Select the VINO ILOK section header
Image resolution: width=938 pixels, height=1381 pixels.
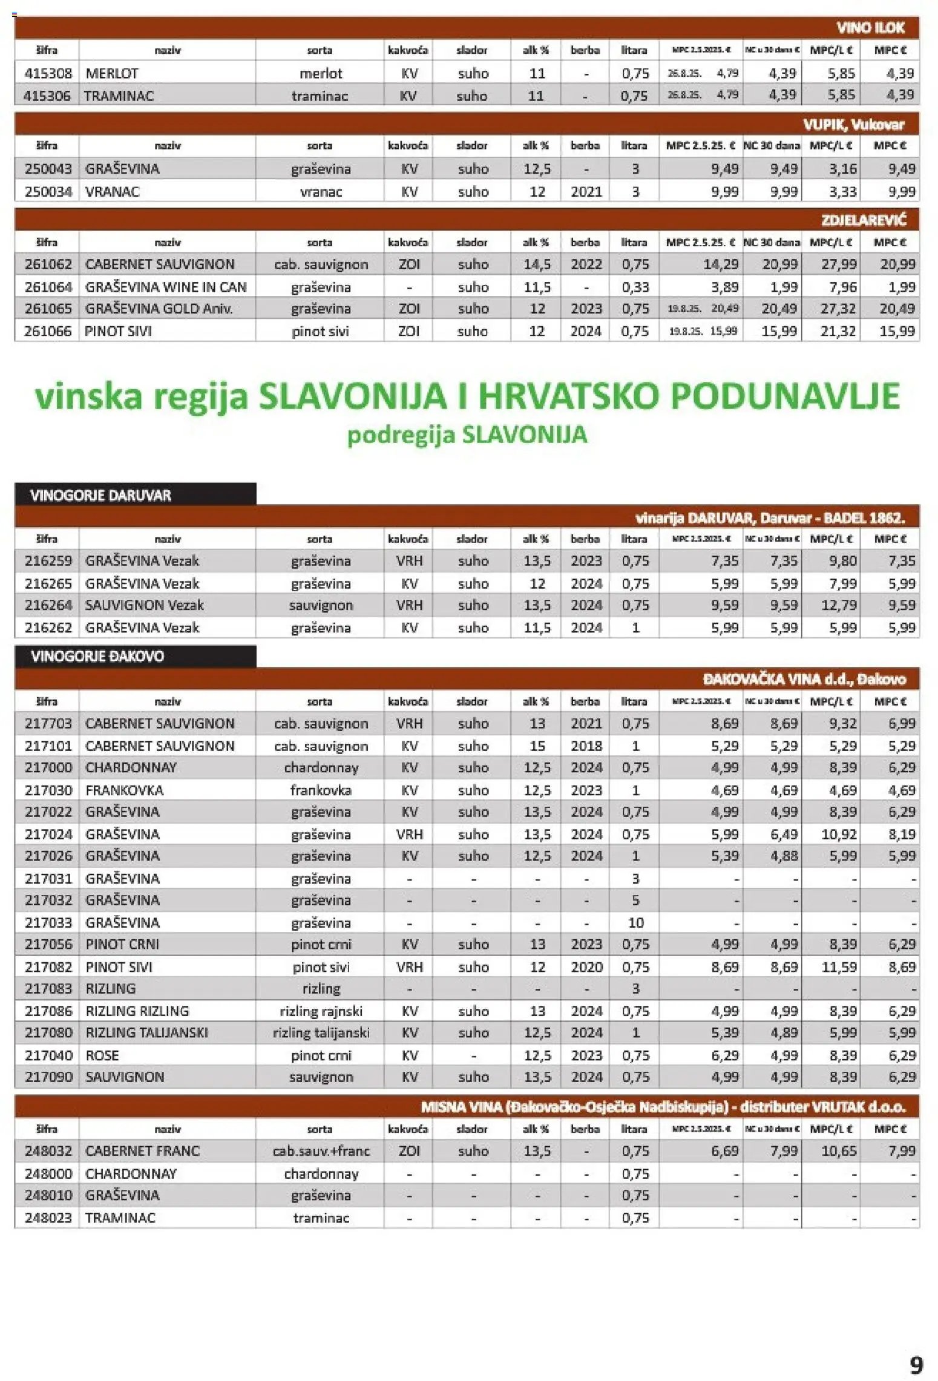(870, 28)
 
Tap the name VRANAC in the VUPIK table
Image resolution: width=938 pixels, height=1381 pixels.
(113, 191)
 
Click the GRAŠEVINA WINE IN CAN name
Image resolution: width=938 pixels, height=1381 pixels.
(166, 287)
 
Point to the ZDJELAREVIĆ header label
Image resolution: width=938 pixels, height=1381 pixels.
(863, 220)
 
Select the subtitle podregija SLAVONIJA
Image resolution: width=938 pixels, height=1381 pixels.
(467, 435)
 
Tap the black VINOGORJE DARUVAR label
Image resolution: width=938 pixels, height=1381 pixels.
(100, 495)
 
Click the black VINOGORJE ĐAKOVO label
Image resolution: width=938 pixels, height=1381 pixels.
(97, 657)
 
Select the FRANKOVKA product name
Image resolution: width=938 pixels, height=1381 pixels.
(125, 790)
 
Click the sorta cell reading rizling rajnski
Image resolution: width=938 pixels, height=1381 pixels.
(321, 1011)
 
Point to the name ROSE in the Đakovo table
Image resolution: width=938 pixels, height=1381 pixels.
(102, 1055)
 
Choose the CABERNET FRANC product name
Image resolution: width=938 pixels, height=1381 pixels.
(142, 1151)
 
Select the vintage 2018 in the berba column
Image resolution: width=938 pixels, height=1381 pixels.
(586, 746)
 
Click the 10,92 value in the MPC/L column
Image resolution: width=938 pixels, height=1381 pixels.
(839, 835)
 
